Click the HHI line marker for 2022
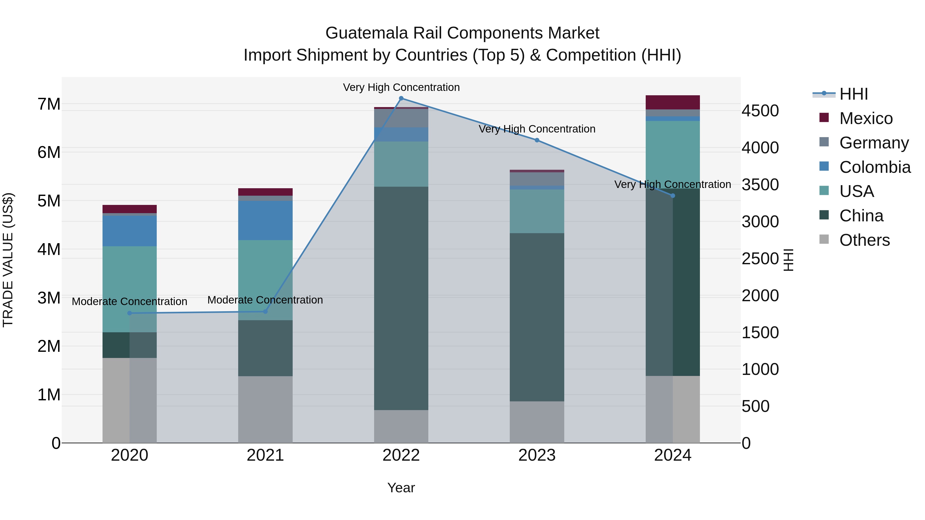401,98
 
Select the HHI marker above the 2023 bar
537,140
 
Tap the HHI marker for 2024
673,196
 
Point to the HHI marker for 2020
130,313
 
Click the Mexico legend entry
865,118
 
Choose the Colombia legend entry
874,167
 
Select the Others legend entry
864,240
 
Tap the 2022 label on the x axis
401,455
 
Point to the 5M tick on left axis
49,201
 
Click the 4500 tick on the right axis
760,111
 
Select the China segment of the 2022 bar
401,298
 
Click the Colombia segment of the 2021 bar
265,220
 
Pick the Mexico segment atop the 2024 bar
673,102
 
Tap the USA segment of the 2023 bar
537,211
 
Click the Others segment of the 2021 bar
265,409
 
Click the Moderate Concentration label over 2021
265,300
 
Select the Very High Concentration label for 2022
401,87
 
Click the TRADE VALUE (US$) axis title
8,260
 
